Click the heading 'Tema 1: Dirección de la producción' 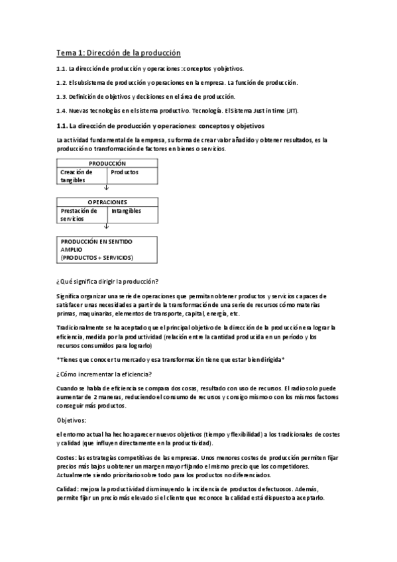click(118, 52)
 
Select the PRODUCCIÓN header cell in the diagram click(107, 163)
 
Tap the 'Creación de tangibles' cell click(81, 176)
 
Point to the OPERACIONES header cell click(107, 202)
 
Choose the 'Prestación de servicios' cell click(81, 214)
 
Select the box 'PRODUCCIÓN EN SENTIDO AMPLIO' click(107, 250)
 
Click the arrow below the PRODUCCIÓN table click(107, 188)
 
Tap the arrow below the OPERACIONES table click(107, 227)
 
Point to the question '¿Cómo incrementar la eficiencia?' click(104, 373)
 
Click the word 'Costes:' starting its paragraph click(67, 457)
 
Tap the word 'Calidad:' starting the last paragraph click(68, 488)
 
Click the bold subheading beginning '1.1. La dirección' click(160, 125)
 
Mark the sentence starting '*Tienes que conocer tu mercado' click(170, 359)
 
